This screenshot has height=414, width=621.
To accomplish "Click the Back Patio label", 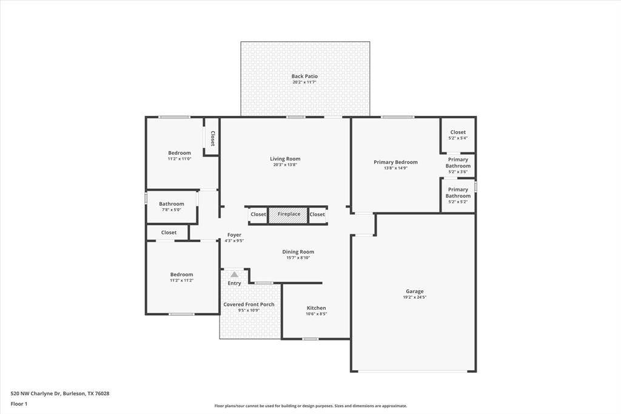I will coord(304,76).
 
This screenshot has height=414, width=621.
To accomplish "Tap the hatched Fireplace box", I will coord(289,214).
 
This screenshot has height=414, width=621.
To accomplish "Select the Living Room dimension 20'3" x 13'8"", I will coord(285,165).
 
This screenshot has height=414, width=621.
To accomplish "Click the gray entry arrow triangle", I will coord(234,274).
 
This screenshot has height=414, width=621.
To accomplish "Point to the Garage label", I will coord(415,291).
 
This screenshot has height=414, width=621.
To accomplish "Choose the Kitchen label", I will coord(316,308).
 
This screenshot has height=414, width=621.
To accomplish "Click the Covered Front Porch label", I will coord(249,305).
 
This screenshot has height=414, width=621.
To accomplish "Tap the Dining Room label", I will coord(298,252).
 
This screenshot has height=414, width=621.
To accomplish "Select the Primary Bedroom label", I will coord(395,162).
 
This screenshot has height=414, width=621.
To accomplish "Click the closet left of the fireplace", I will coord(258,214).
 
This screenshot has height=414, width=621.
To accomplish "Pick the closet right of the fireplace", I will coord(317,214).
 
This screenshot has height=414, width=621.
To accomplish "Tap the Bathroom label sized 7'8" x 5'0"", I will coord(172,204).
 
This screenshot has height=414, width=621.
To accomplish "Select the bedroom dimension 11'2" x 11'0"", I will coord(180,159).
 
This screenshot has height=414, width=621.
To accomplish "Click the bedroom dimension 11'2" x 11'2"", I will coord(181,280).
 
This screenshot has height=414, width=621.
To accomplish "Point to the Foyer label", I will coord(234,235).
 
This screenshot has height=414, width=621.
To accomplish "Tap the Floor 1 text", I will coord(19,404).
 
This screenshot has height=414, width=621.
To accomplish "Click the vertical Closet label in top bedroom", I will coord(212,139).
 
